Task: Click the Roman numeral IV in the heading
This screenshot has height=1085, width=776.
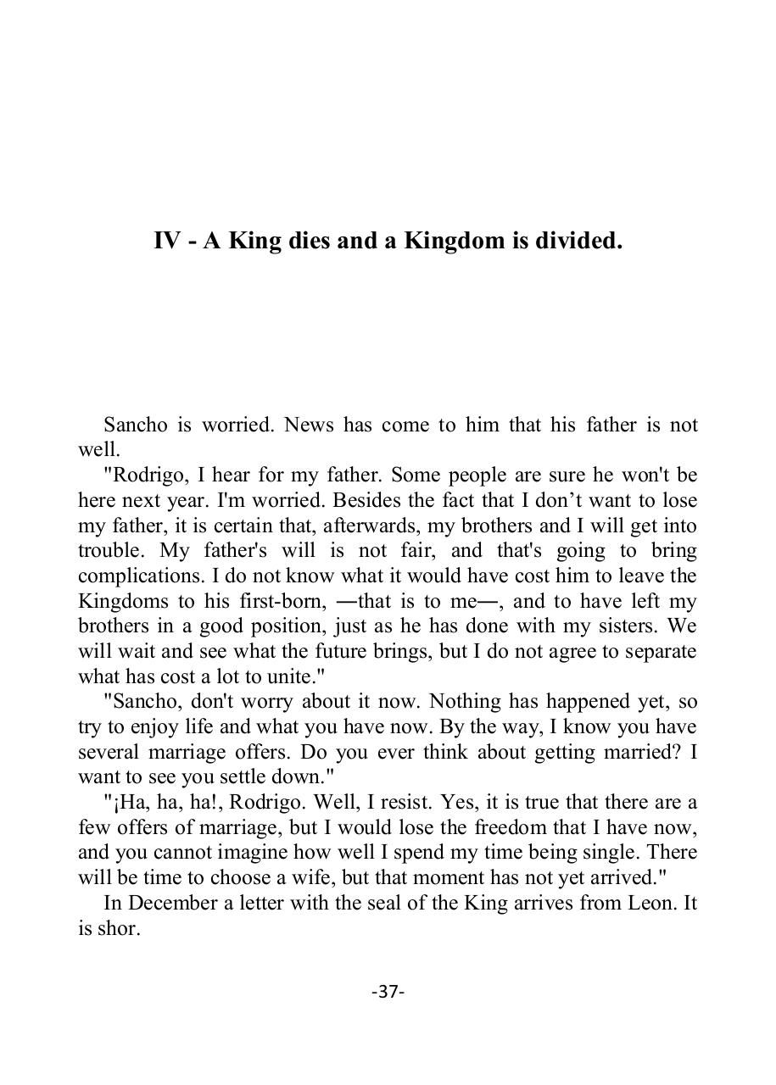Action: point(167,242)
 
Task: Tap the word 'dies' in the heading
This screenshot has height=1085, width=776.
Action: point(310,242)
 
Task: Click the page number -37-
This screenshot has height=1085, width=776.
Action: point(388,991)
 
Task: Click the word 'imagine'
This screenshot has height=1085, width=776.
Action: point(252,853)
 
